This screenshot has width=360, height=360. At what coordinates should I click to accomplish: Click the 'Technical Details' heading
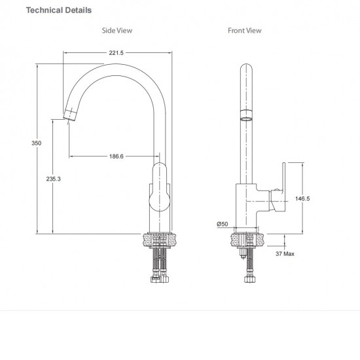58,10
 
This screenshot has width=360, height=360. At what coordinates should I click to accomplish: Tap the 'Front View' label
244,30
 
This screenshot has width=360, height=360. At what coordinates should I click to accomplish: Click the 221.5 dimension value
115,53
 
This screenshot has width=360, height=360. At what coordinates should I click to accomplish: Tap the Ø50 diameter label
223,225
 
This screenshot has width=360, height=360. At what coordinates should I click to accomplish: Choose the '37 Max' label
284,253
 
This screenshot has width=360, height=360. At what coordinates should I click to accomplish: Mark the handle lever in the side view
160,188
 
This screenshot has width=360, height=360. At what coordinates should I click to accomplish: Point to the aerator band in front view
245,117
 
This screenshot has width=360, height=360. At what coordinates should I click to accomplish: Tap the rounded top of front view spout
245,67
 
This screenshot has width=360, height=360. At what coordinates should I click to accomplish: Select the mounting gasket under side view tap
160,240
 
